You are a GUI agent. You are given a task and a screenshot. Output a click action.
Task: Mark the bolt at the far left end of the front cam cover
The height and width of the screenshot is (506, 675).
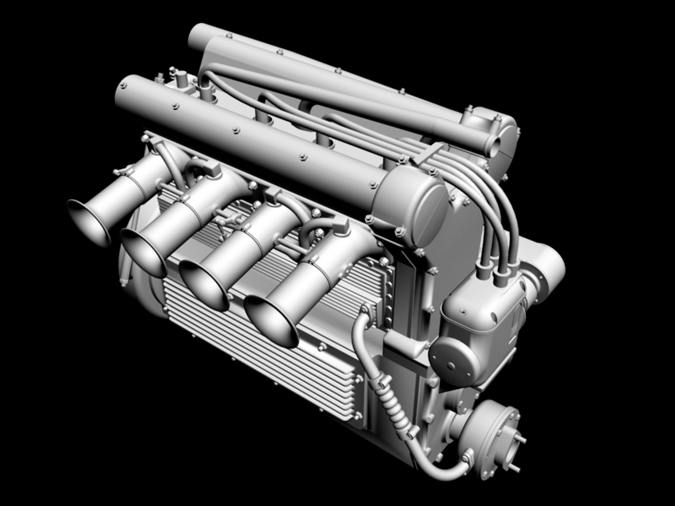(x=124, y=86)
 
